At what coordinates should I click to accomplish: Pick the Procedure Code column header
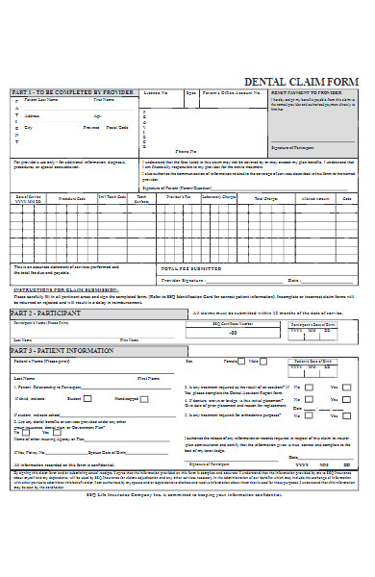[x=72, y=197]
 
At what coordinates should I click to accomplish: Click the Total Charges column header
[x=266, y=197]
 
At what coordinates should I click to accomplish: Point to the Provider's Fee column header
[x=177, y=197]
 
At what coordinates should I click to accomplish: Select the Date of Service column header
[x=29, y=197]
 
